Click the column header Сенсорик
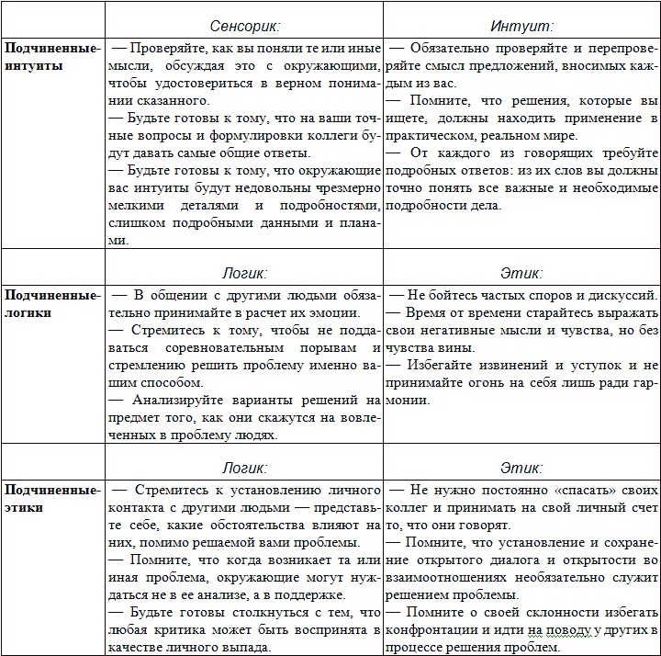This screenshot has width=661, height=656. tap(244, 28)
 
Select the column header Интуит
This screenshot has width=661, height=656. tap(521, 28)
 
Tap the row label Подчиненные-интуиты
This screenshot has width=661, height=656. tap(51, 57)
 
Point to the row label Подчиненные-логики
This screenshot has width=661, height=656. tap(51, 303)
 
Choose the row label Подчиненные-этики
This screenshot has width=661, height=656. tap(51, 498)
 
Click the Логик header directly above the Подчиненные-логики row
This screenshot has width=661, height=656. tap(244, 273)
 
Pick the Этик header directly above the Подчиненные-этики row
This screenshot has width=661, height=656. tap(521, 468)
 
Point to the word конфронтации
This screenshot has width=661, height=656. tap(433, 630)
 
